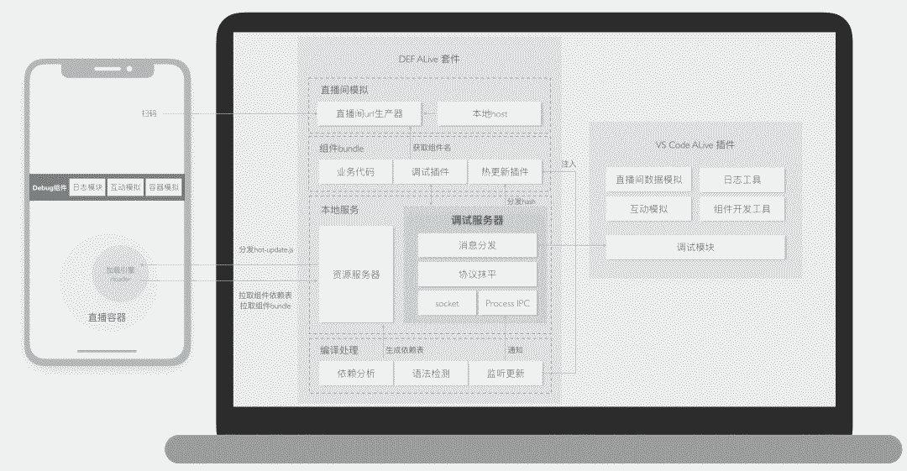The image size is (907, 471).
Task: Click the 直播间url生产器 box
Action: (369, 113)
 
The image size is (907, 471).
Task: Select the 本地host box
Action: (489, 113)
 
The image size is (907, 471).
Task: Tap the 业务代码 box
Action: (356, 172)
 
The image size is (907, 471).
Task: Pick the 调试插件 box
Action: (430, 172)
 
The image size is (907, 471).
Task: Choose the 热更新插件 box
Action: (505, 172)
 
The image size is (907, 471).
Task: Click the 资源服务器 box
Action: (356, 274)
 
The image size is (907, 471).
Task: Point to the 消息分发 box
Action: (477, 245)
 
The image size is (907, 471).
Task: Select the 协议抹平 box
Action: (477, 274)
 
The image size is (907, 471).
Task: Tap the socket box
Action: (447, 303)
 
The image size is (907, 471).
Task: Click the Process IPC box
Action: (507, 303)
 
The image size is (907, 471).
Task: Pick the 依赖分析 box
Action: (356, 373)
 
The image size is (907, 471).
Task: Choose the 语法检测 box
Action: (430, 373)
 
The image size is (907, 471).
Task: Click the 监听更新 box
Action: (505, 373)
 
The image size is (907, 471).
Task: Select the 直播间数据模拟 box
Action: (648, 180)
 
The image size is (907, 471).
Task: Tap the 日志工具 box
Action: (742, 180)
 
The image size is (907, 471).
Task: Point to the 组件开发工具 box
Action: (742, 209)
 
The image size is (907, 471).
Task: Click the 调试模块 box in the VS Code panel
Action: (695, 247)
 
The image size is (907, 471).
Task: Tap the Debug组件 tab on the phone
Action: (48, 187)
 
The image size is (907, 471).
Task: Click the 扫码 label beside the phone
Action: (149, 113)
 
